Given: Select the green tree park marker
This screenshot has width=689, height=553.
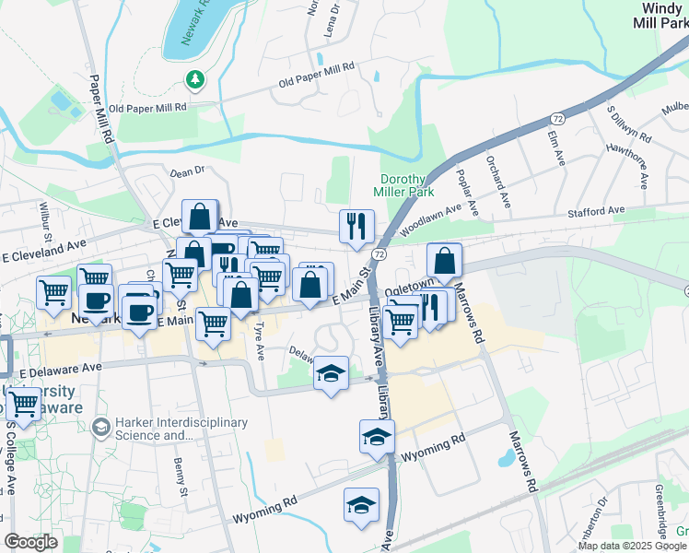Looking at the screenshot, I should click(194, 80).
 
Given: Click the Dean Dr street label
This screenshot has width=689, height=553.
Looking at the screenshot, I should click(186, 171).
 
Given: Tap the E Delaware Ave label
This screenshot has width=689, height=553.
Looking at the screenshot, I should click(61, 368).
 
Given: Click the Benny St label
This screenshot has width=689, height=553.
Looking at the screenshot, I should click(180, 478).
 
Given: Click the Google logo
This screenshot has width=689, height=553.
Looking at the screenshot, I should click(30, 542).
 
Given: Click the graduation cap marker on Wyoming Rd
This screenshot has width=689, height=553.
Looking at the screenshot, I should click(361, 505).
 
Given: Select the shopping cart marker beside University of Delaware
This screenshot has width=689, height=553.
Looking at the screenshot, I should click(23, 402).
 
